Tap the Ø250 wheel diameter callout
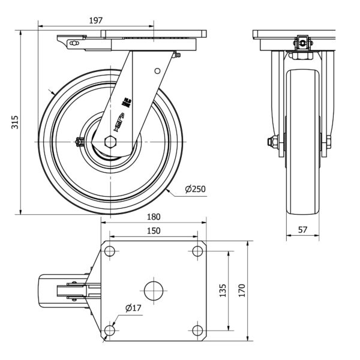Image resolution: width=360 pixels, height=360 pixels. tap(195, 190)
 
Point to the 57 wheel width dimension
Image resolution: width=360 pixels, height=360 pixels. tap(304, 229)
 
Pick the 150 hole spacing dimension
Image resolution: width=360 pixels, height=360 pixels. tap(154, 231)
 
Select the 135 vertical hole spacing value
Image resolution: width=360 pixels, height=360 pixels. tap(223, 292)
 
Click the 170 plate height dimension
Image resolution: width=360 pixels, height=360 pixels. tap(242, 292)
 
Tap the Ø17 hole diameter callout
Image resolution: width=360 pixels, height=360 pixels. tap(133, 308)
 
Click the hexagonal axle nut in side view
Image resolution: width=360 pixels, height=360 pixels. tap(111, 142)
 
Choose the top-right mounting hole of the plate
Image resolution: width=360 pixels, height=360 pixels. tap(198, 251)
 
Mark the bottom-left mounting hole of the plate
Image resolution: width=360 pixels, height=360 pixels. tap(109, 330)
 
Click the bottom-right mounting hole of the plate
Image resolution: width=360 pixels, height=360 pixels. tap(198, 330)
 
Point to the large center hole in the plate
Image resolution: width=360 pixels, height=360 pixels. tap(154, 291)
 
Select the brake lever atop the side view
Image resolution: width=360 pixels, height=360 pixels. tap(72, 43)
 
